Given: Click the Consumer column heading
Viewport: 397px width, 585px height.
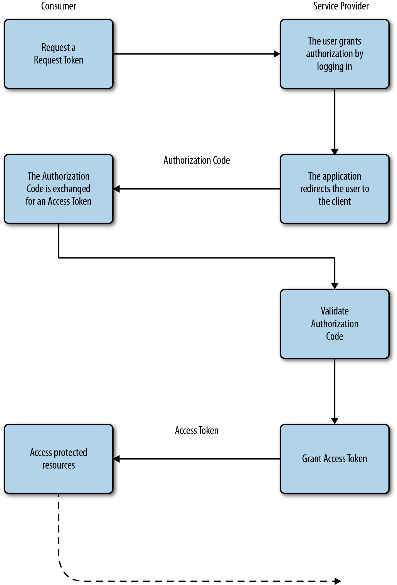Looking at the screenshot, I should tap(59, 6).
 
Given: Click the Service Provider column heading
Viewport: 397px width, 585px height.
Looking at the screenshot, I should tap(341, 6).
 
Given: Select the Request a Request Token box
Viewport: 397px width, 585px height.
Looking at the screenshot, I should tap(59, 54).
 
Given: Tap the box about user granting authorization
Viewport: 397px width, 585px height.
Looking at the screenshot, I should tap(334, 54).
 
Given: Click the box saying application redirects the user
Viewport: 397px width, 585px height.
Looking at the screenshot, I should tap(334, 189).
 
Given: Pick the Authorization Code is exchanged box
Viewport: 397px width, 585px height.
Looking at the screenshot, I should tap(59, 189).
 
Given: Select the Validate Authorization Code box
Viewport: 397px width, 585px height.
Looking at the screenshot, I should tap(334, 324).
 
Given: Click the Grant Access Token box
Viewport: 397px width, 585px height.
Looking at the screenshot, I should tap(334, 459).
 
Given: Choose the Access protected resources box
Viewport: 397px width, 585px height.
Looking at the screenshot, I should tap(59, 459).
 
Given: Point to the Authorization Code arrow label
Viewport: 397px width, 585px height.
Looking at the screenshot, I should tap(197, 160).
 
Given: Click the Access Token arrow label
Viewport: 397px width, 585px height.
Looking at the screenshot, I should tap(197, 430).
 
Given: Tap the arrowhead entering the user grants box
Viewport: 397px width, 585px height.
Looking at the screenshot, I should tap(277, 54).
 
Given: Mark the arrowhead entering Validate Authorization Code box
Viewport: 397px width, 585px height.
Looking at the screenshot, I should tap(335, 286).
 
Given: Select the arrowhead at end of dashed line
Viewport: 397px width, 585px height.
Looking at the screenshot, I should tap(338, 581).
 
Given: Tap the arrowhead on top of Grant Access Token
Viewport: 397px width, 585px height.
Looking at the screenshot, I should tap(335, 421).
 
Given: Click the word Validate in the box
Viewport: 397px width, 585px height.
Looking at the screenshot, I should tap(334, 311).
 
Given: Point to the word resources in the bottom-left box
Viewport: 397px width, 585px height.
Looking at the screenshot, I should tap(59, 465).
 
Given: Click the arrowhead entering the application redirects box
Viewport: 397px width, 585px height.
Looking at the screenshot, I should tap(335, 152).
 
